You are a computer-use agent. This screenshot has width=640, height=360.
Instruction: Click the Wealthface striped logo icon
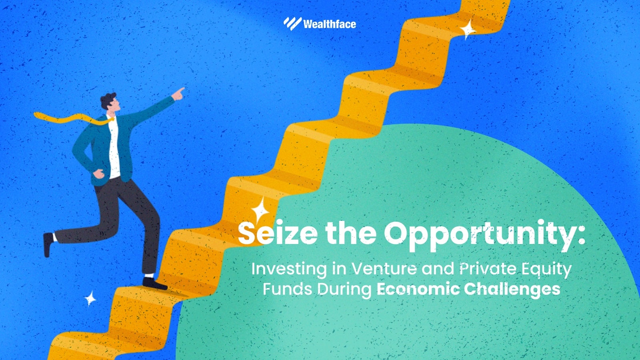pyautogui.click(x=292, y=24)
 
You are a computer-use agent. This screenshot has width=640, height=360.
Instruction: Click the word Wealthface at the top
pyautogui.click(x=330, y=24)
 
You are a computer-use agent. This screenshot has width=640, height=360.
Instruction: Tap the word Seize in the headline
pyautogui.click(x=278, y=233)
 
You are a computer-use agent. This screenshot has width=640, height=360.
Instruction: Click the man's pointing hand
pyautogui.click(x=178, y=94)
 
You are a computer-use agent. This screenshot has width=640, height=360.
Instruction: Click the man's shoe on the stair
pyautogui.click(x=154, y=284)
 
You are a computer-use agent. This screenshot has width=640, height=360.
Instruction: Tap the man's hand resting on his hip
pyautogui.click(x=98, y=174)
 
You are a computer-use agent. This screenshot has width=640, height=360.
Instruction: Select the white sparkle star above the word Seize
pyautogui.click(x=260, y=210)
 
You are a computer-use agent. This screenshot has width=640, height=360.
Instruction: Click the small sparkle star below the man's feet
pyautogui.click(x=90, y=299)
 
